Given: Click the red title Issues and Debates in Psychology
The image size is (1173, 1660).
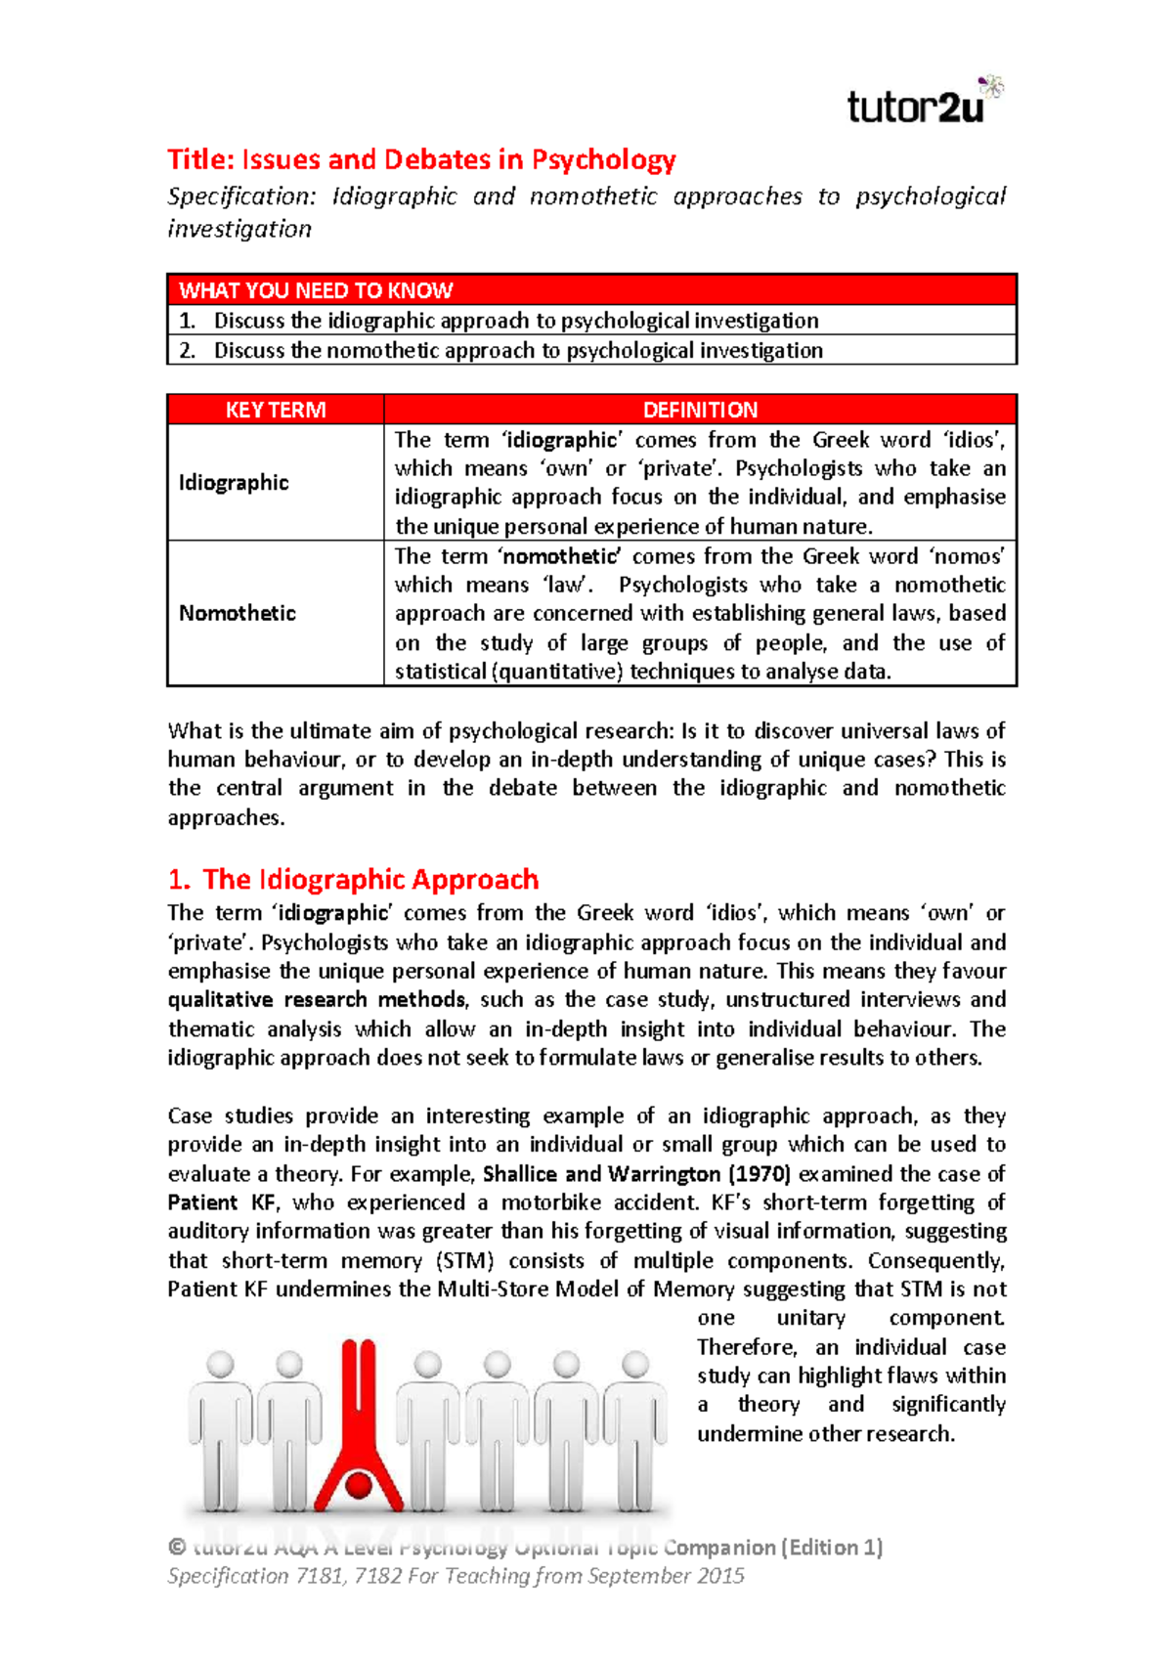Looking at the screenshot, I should pos(421,159).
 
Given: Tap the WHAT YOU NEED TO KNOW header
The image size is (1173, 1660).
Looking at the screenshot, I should pos(315,290).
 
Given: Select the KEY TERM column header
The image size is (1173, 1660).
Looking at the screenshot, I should pos(276,410).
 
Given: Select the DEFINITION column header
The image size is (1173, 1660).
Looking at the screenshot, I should pos(700,410).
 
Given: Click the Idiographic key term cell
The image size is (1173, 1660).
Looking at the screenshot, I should pos(234,483).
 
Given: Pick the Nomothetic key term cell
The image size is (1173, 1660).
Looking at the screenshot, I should pos(237,613).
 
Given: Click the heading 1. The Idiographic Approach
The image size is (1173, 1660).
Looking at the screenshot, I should pos(353,879).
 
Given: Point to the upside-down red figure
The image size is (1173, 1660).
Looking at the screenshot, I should pos(359,1418).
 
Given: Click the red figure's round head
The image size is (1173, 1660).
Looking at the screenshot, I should pos(359,1486).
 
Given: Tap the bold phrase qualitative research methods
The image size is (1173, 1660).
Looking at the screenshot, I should pos(317,1000).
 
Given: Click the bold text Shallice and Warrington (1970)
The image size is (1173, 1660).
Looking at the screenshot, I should pos(636,1174).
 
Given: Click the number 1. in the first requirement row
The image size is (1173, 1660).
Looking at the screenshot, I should pos(188,321).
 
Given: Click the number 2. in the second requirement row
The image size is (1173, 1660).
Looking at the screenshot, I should pos(188,351).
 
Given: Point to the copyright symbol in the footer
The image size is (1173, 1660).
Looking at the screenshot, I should pos(177,1548).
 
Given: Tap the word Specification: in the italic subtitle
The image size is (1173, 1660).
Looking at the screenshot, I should pos(241,197).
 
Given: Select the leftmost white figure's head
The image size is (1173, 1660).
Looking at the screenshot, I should pos(221,1364).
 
